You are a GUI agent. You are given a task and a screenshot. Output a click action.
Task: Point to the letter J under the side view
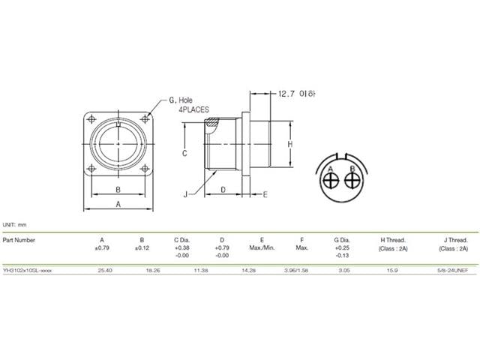pyautogui.click(x=184, y=194)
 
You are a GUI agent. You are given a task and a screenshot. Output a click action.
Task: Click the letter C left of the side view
pyautogui.click(x=184, y=152)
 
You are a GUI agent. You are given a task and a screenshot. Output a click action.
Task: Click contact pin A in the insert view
pyautogui.click(x=331, y=183)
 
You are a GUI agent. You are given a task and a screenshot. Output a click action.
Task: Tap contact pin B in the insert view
pyautogui.click(x=351, y=183)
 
